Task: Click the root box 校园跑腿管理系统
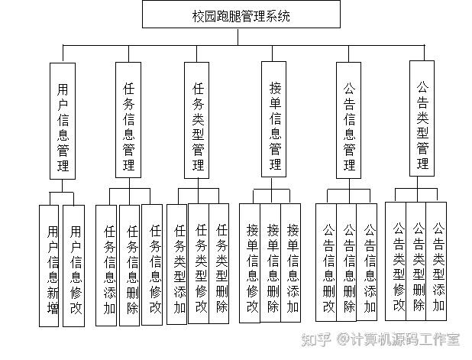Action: (241, 15)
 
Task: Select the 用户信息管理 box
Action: (63, 121)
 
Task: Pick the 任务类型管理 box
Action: (199, 120)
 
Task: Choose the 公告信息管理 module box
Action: (349, 120)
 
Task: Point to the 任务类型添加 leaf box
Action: (177, 264)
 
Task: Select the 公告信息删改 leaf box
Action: (327, 262)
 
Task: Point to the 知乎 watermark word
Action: (318, 337)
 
